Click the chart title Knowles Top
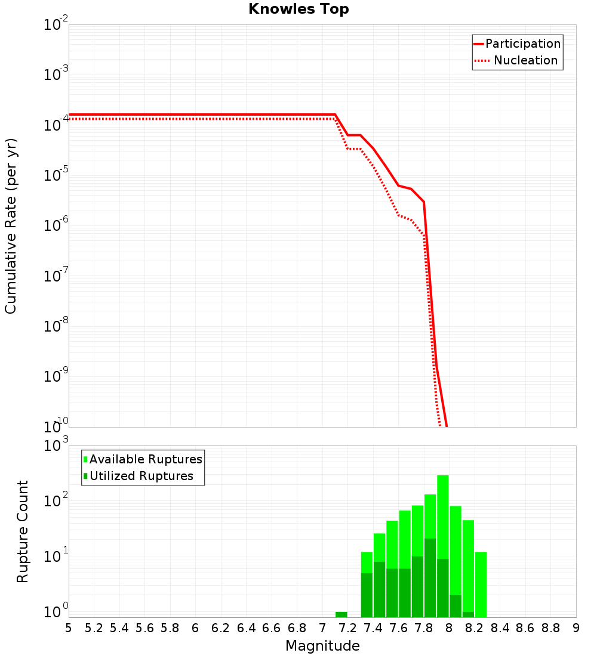pyautogui.click(x=298, y=9)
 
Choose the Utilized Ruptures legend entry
pyautogui.click(x=141, y=476)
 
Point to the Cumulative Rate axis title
pyautogui.click(x=11, y=227)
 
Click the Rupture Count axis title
pyautogui.click(x=23, y=531)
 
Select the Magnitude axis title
pyautogui.click(x=322, y=646)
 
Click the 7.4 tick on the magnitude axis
pyautogui.click(x=373, y=628)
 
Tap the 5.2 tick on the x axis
pyautogui.click(x=94, y=628)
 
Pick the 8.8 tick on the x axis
pyautogui.click(x=550, y=628)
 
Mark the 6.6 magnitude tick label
pyautogui.click(x=272, y=628)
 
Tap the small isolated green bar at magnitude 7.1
pyautogui.click(x=341, y=614)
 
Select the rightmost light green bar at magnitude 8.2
pyautogui.click(x=481, y=584)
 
